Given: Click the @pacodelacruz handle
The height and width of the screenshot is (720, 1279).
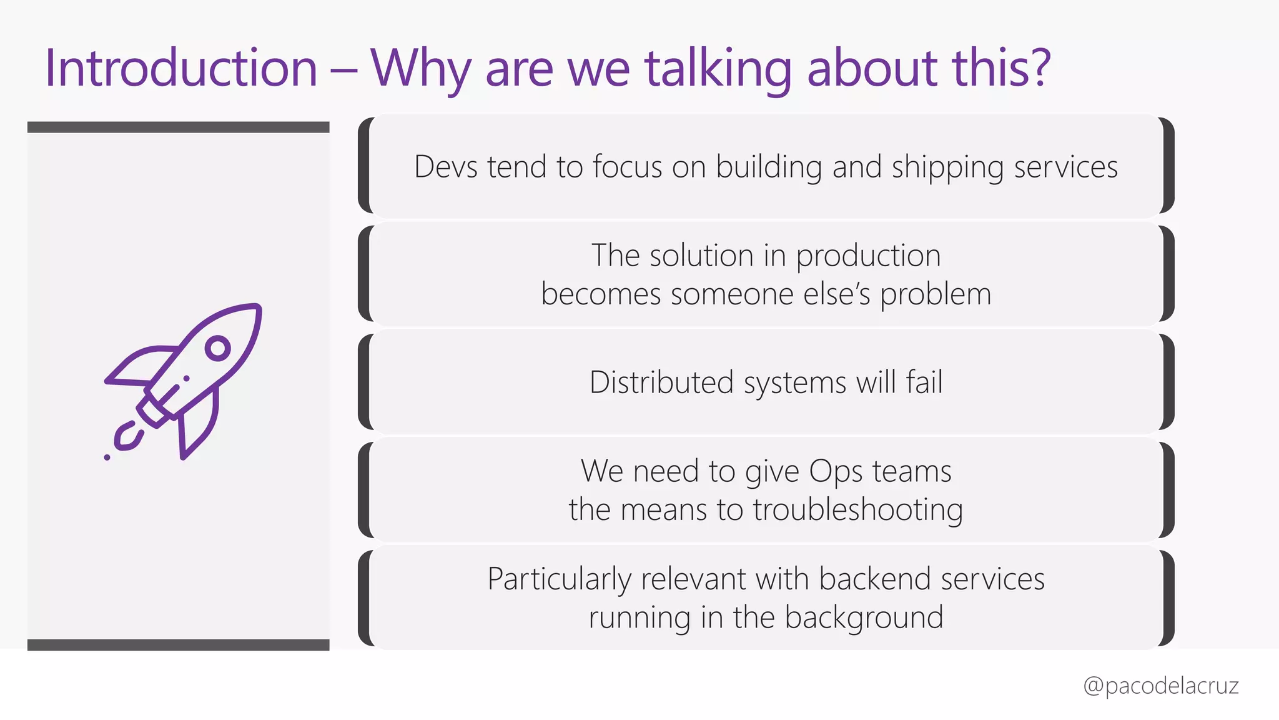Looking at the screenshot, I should (x=1160, y=686).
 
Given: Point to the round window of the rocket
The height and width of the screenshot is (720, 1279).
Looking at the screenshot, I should (x=217, y=348).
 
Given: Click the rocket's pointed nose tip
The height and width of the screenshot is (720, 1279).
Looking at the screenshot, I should (x=257, y=308).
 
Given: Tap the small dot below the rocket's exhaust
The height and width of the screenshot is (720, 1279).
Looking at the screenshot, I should (x=107, y=457).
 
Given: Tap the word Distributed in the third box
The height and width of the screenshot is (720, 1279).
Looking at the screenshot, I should (x=661, y=382).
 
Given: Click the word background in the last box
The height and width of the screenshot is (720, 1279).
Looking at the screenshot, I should (x=864, y=618).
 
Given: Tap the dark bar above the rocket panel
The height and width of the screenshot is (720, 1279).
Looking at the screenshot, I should (x=178, y=127).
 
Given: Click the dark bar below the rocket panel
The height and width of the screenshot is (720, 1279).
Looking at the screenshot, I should (x=178, y=645).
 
